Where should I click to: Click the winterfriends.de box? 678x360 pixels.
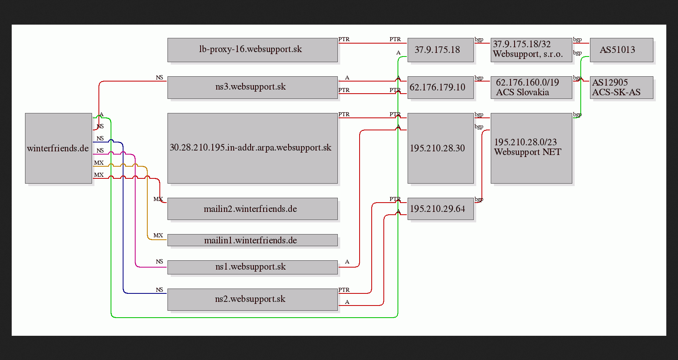tap(59, 149)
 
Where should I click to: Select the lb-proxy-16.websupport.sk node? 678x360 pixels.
tap(253, 50)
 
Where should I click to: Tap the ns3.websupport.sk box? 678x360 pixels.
tap(253, 88)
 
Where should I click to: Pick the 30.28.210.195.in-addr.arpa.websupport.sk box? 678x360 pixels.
tap(253, 149)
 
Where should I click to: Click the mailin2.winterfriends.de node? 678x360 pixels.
tap(253, 209)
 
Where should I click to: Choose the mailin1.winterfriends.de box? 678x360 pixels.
tap(253, 240)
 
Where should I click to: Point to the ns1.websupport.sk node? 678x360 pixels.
tap(253, 267)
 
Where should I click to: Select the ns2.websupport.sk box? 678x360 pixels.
tap(253, 299)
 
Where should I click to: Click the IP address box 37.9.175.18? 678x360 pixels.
tap(441, 50)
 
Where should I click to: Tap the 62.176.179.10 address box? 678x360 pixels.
tap(441, 88)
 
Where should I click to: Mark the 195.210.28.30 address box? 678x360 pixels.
tap(441, 149)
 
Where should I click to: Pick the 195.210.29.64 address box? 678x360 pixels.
tap(441, 209)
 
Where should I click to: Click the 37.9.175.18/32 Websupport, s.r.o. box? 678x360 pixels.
tap(532, 50)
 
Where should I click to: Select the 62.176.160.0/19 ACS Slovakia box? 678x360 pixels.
tap(532, 88)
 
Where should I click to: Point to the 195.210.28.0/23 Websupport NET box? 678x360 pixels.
tap(532, 149)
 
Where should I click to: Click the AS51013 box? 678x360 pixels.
tap(621, 50)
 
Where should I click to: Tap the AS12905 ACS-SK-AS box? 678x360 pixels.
tap(621, 88)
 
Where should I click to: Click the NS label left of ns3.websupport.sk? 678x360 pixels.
tap(159, 77)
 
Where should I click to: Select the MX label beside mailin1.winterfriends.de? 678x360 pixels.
tap(158, 235)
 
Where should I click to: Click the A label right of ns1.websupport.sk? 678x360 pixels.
tap(347, 262)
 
